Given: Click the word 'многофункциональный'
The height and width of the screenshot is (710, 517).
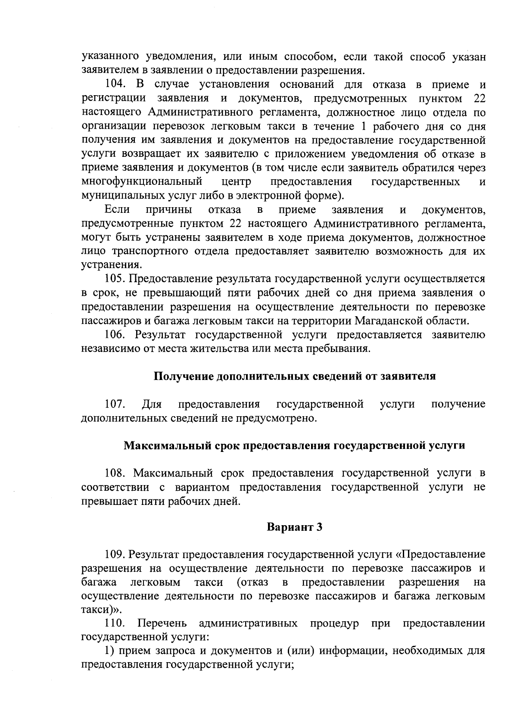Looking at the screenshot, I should pyautogui.click(x=142, y=182).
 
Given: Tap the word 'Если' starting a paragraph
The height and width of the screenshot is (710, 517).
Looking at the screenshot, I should pyautogui.click(x=117, y=210).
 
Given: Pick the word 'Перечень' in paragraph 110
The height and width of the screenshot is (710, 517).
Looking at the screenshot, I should pyautogui.click(x=162, y=624).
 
